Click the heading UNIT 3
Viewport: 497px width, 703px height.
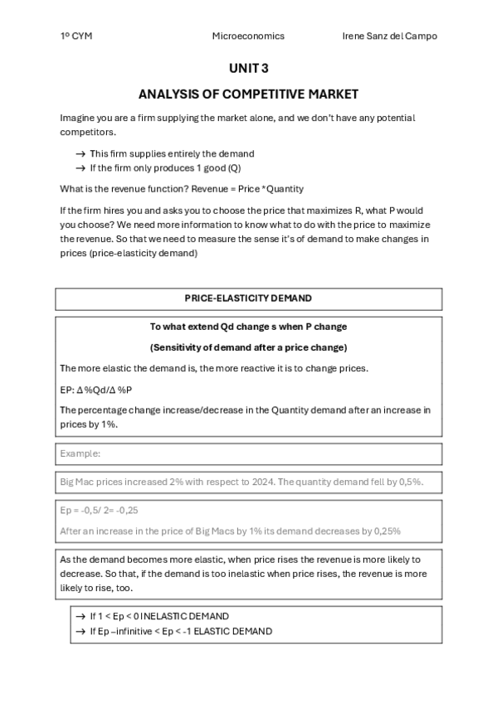tap(248, 69)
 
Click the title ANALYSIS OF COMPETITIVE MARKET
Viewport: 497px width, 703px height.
tap(248, 95)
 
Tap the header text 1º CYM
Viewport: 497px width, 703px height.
tap(76, 36)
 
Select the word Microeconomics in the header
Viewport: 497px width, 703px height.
tap(248, 36)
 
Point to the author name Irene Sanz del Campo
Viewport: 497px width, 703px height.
tap(389, 36)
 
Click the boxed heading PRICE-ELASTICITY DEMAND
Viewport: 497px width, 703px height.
tap(248, 298)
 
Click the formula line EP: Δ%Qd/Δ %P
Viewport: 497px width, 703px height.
tap(96, 390)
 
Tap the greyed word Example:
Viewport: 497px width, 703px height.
tap(80, 453)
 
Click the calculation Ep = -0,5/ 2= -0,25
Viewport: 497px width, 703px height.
tap(99, 511)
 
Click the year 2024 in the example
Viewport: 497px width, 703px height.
tap(241, 482)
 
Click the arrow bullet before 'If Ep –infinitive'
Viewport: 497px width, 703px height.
tap(80, 632)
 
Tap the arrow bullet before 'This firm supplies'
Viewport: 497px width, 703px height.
tap(80, 154)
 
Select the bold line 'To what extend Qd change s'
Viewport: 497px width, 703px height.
tap(248, 327)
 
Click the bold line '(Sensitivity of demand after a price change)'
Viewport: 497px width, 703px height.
tap(248, 347)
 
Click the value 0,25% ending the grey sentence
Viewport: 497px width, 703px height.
tap(387, 531)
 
